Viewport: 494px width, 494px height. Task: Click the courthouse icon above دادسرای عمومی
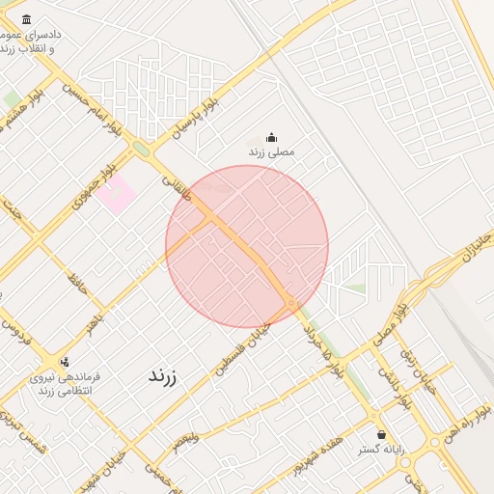point(25,20)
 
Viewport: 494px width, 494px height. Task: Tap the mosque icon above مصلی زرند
point(271,137)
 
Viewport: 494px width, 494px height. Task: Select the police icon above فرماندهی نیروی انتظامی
point(64,363)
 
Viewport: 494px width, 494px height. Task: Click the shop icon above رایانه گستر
point(383,435)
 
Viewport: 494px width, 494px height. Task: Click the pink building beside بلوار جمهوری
point(116,194)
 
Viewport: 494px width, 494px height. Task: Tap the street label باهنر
point(93,321)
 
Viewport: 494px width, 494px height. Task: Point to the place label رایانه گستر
point(383,451)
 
